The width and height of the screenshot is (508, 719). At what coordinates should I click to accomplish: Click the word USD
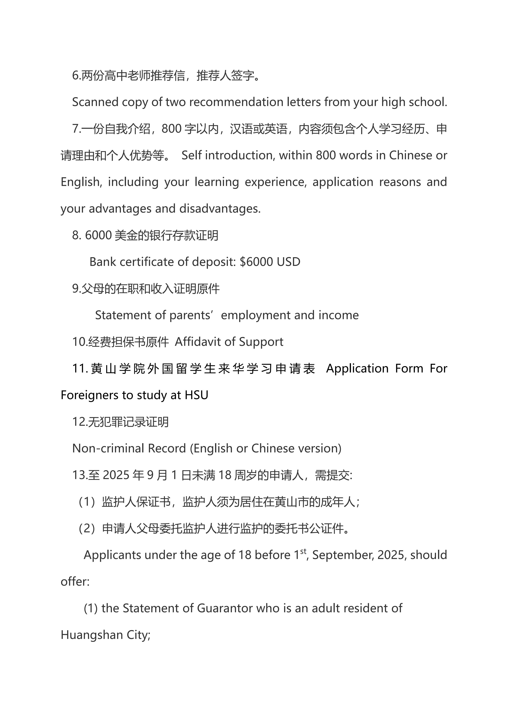(289, 262)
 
